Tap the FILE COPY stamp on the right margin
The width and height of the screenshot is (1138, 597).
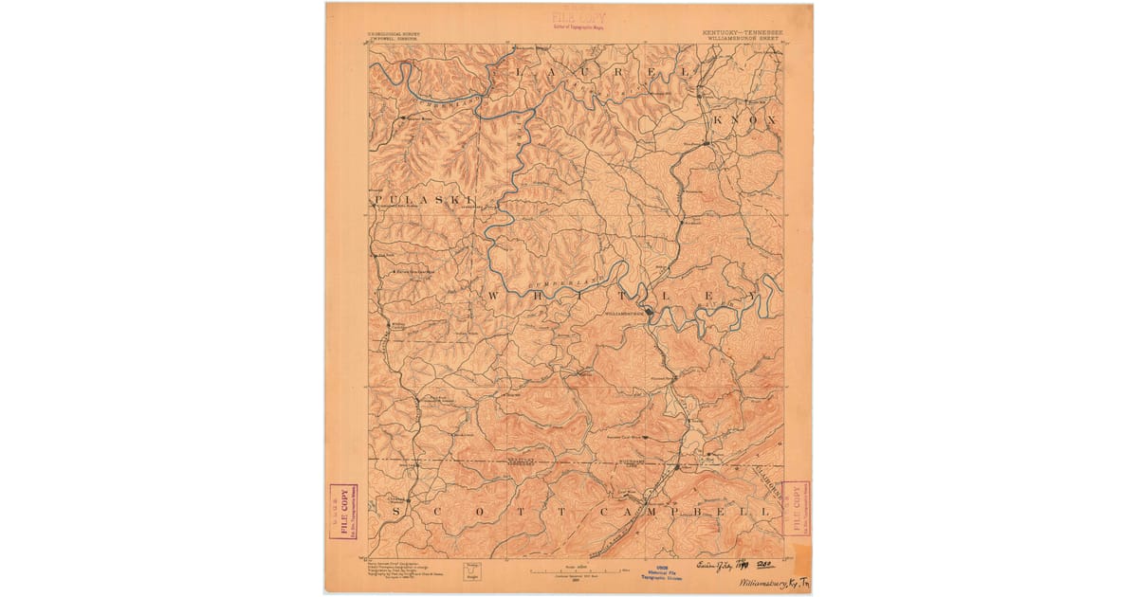click(797, 508)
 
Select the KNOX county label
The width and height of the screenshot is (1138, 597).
click(745, 120)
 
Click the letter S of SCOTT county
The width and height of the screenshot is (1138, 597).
click(397, 511)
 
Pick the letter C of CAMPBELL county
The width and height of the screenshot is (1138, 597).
click(607, 511)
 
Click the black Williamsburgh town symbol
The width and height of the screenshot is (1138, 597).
click(649, 315)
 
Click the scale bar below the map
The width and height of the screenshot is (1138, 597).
click(578, 570)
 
